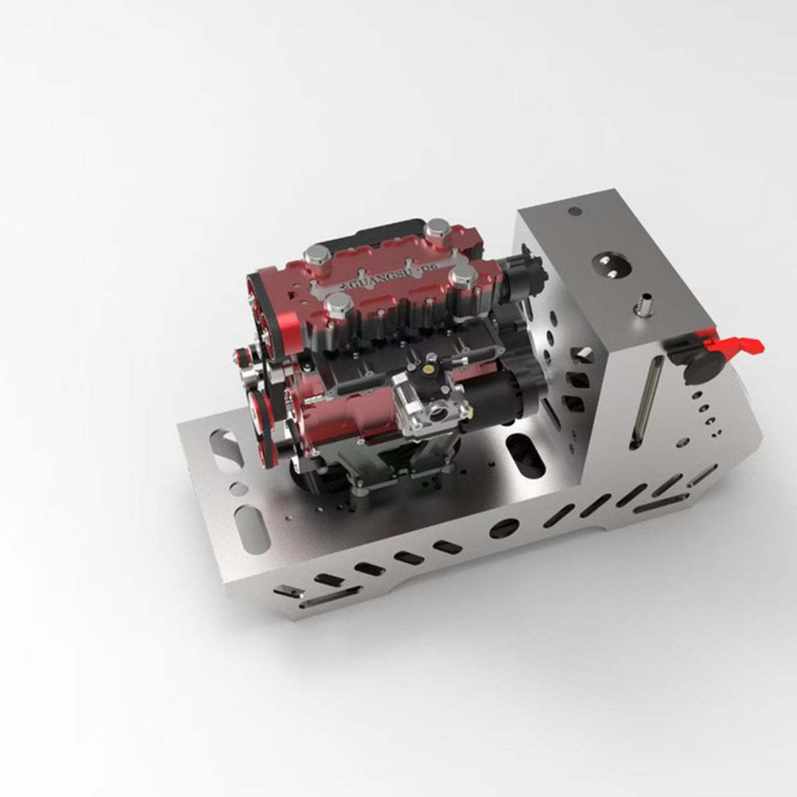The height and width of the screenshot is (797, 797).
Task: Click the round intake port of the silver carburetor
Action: [438, 417]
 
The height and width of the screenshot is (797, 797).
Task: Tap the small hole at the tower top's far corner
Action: [574, 212]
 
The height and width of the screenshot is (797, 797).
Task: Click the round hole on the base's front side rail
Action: [502, 528]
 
